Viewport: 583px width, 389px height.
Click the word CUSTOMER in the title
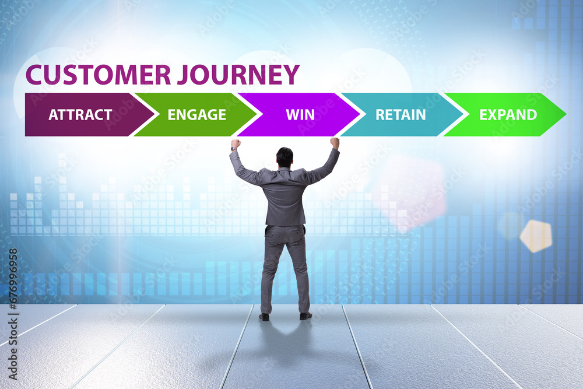pyautogui.click(x=98, y=75)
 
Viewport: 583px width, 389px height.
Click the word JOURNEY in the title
pyautogui.click(x=238, y=75)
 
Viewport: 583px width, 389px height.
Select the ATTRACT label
pyautogui.click(x=80, y=114)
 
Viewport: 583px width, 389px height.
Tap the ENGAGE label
pyautogui.click(x=197, y=114)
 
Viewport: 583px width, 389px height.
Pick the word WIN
pyautogui.click(x=300, y=114)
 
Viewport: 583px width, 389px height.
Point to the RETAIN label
pyautogui.click(x=401, y=114)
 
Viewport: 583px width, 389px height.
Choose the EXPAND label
pyautogui.click(x=508, y=114)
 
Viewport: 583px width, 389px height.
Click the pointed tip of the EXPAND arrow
pyautogui.click(x=566, y=114)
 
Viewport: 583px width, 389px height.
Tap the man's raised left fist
pyautogui.click(x=236, y=143)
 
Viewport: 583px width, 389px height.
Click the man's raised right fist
pyautogui.click(x=335, y=142)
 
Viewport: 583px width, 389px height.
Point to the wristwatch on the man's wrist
pyautogui.click(x=234, y=149)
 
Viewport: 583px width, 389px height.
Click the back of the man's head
pyautogui.click(x=285, y=157)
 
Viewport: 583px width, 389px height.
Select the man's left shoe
pyautogui.click(x=264, y=317)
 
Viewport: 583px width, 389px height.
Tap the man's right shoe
pyautogui.click(x=305, y=316)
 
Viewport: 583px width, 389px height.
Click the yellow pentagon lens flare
pyautogui.click(x=536, y=236)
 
